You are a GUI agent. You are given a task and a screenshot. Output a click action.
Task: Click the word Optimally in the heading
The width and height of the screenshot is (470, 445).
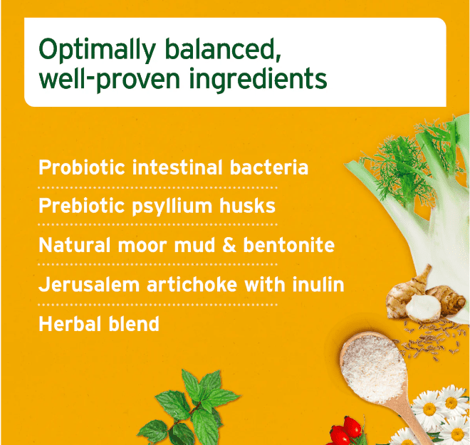click(97, 50)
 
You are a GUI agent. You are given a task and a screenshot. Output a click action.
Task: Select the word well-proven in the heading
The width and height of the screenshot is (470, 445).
click(110, 79)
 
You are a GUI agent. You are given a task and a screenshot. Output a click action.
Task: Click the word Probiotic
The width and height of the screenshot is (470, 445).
click(82, 167)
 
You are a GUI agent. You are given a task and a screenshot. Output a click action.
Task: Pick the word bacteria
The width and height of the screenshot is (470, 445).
click(269, 167)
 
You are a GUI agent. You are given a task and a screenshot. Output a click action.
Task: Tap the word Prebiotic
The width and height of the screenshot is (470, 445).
click(81, 206)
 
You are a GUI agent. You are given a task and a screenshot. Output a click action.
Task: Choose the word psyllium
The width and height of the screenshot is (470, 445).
click(172, 206)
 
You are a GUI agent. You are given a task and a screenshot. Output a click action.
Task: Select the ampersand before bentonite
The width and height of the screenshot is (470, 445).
click(229, 245)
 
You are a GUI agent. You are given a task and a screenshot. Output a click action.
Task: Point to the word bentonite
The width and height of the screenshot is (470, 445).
click(288, 245)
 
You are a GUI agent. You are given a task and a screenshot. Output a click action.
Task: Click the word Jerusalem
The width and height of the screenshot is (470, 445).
click(89, 284)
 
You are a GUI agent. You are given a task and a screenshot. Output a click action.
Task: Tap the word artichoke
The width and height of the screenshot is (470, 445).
click(192, 284)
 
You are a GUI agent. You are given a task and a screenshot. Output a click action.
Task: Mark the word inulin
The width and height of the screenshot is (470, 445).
click(318, 284)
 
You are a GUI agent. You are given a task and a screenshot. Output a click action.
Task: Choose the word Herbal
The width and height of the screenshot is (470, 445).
click(70, 324)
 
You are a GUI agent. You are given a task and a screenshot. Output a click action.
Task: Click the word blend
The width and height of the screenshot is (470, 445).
click(133, 324)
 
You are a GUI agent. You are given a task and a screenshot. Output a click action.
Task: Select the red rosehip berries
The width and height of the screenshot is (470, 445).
click(345, 431)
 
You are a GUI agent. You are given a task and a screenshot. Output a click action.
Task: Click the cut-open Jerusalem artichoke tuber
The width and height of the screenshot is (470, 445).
click(423, 308)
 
